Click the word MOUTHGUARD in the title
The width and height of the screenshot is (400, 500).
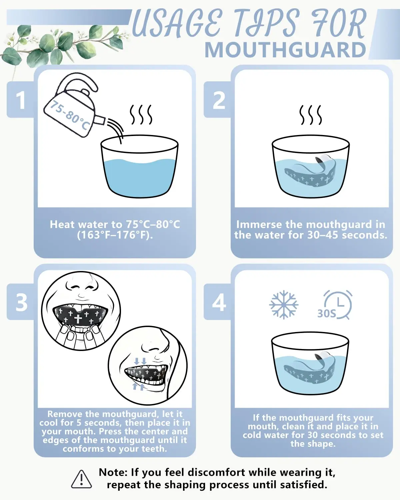point(285,50)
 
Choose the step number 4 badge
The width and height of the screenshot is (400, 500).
point(218,302)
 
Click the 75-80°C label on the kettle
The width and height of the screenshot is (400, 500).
point(70,115)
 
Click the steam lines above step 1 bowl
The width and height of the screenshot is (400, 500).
point(141,115)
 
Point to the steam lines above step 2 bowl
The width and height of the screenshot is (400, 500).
point(311,115)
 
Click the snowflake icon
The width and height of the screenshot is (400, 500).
point(284,305)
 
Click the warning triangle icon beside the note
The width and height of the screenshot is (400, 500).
point(81,479)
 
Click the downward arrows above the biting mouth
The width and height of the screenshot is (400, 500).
point(140,361)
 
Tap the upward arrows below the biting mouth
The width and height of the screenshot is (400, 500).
point(139,386)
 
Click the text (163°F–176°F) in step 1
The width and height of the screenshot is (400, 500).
point(115,235)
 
